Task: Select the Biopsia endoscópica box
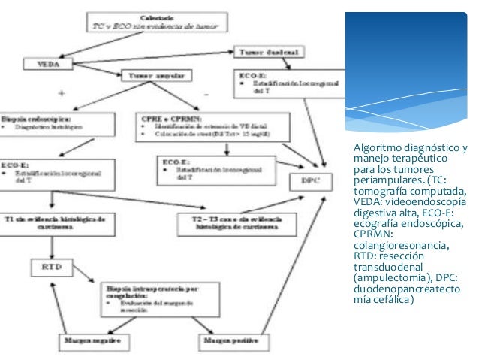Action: point(58,124)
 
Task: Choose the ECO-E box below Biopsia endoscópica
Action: point(58,171)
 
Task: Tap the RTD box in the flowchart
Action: point(50,265)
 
